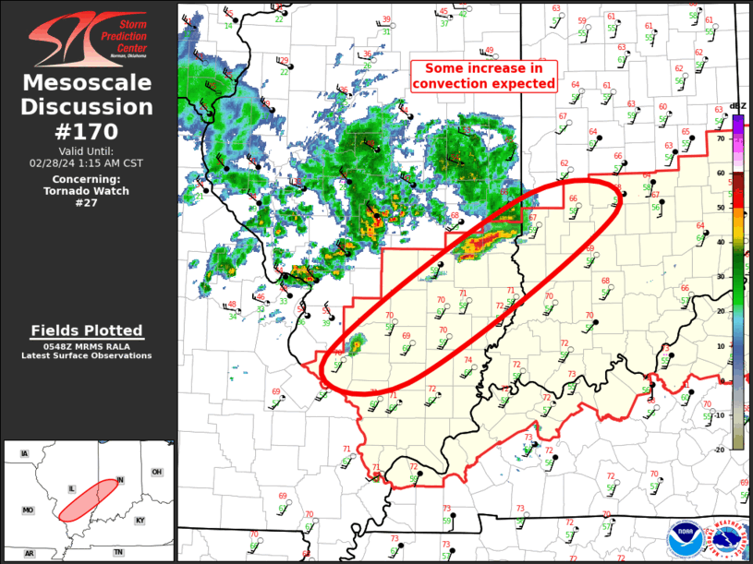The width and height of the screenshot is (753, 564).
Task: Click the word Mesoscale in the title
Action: tap(88, 84)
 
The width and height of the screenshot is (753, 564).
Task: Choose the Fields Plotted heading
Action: tap(87, 330)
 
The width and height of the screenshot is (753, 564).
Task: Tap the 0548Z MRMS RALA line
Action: tap(87, 346)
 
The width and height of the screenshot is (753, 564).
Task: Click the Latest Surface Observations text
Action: tap(87, 355)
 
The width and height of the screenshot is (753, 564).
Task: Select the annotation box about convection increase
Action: tap(485, 76)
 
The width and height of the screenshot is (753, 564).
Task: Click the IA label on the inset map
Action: tap(25, 453)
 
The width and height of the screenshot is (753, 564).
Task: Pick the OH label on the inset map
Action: tap(157, 472)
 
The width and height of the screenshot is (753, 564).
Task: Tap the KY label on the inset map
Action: tap(140, 521)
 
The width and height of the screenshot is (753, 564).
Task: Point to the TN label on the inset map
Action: tap(117, 552)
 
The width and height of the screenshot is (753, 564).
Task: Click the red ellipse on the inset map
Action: tap(91, 498)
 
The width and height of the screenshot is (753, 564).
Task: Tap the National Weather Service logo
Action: tap(727, 540)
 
